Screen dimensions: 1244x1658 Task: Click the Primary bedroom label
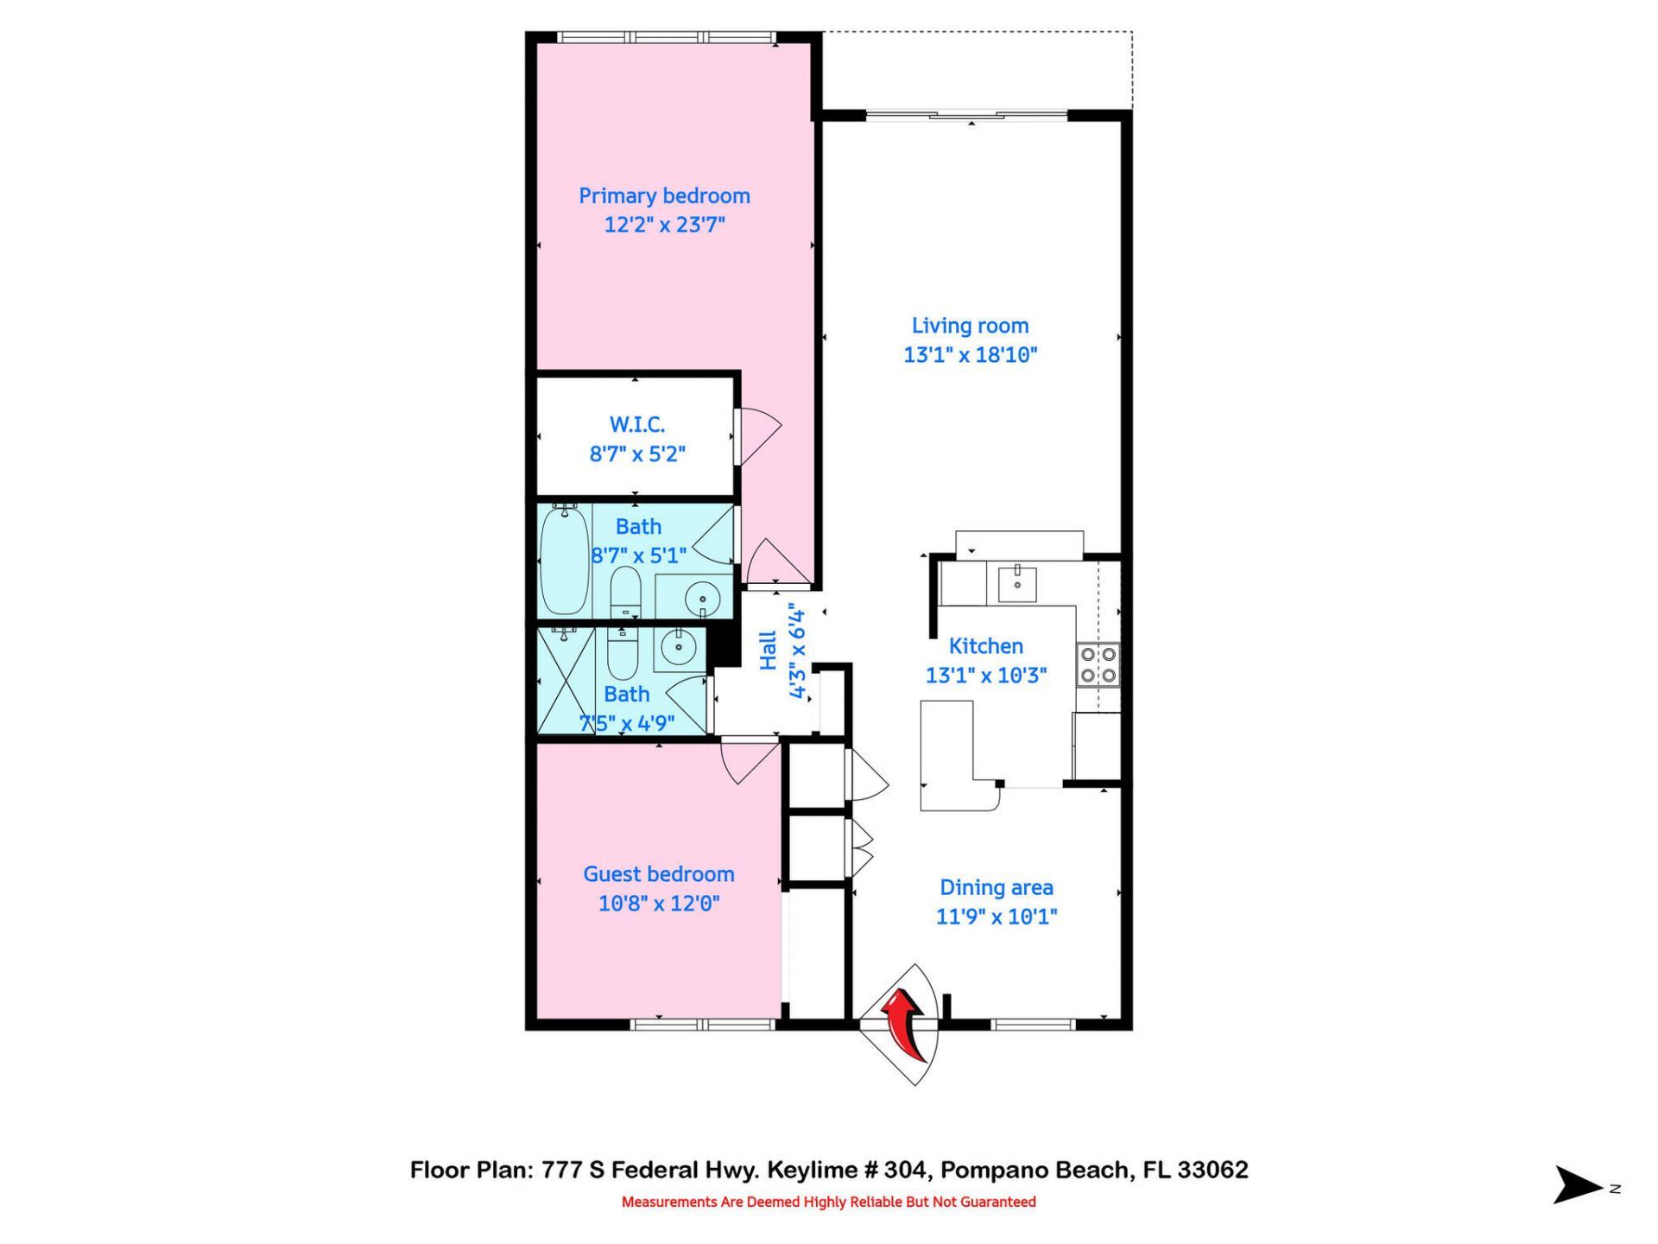pyautogui.click(x=664, y=196)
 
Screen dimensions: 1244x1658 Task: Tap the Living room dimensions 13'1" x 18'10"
pyautogui.click(x=970, y=355)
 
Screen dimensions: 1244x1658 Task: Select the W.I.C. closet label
pyautogui.click(x=637, y=424)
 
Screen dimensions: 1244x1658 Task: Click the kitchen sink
pyautogui.click(x=1017, y=583)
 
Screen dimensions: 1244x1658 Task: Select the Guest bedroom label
pyautogui.click(x=659, y=874)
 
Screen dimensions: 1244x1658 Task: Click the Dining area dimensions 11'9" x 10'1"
pyautogui.click(x=997, y=917)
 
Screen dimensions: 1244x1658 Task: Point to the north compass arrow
pyautogui.click(x=1579, y=1184)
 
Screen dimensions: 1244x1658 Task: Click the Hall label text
pyautogui.click(x=768, y=651)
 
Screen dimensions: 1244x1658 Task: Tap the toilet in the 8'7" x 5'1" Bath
pyautogui.click(x=625, y=591)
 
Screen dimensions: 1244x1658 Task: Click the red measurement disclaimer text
pyautogui.click(x=828, y=1202)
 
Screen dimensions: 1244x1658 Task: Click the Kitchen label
pyautogui.click(x=985, y=646)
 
